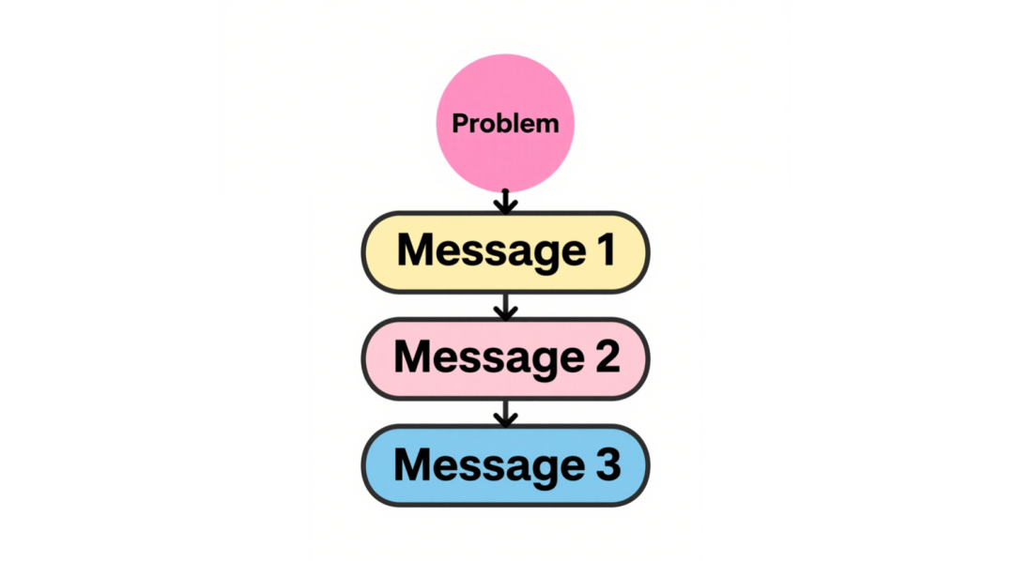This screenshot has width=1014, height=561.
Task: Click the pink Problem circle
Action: [505, 123]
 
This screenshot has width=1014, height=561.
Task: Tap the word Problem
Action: [505, 124]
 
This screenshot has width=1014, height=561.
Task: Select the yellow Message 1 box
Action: [505, 252]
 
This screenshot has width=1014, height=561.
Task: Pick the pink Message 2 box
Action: [505, 358]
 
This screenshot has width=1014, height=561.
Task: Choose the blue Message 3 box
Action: [505, 465]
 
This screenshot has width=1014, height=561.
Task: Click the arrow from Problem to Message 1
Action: [505, 201]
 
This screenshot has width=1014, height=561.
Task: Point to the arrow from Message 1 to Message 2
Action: [505, 307]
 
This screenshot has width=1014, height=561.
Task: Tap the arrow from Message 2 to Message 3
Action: [505, 414]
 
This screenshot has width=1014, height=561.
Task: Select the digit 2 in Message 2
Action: [607, 356]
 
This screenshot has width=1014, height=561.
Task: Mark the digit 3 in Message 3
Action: [607, 464]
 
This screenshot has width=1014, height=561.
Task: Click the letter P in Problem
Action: [460, 124]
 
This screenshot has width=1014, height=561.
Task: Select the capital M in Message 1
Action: [415, 250]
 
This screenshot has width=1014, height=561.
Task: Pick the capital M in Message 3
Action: [412, 464]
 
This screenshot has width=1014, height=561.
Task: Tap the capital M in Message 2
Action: [412, 356]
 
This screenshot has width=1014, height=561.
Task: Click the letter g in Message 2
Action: [544, 365]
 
